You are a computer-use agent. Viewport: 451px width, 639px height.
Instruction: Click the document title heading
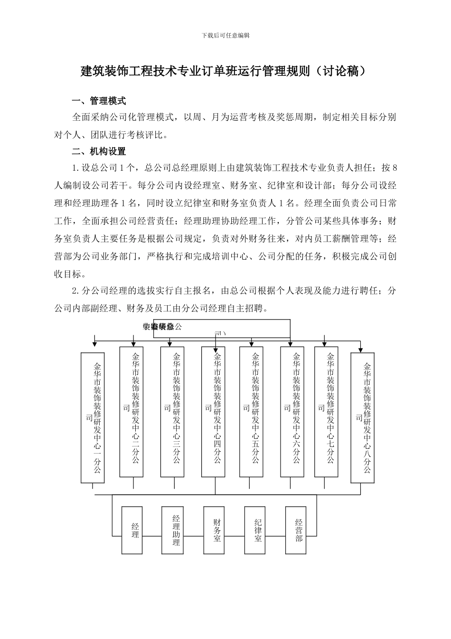[225, 71]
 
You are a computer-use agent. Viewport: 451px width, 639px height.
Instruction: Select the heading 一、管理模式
[98, 101]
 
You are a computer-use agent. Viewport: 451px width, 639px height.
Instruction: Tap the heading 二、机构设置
[98, 152]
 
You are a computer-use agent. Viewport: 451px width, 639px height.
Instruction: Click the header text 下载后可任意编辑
[225, 35]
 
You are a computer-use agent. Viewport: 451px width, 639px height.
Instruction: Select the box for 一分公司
[93, 417]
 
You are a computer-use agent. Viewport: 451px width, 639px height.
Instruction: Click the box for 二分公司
[132, 411]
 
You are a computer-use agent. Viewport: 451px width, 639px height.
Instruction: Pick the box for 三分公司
[172, 411]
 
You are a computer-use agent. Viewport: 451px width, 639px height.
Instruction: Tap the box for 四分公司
[213, 411]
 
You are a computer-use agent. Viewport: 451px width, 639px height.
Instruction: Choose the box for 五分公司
[251, 411]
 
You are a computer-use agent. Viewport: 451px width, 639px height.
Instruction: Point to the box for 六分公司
[292, 411]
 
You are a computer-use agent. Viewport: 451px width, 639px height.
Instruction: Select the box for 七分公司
[327, 411]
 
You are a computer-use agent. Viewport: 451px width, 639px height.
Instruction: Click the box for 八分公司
[363, 417]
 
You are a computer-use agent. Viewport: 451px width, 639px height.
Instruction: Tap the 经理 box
[132, 530]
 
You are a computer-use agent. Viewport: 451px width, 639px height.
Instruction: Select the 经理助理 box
[172, 530]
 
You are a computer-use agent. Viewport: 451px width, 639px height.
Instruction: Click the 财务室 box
[214, 530]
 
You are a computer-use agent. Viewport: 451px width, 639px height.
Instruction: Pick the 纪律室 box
[254, 530]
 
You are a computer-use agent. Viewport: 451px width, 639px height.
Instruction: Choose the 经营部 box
[295, 530]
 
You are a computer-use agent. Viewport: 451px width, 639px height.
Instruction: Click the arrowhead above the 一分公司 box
[94, 343]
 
